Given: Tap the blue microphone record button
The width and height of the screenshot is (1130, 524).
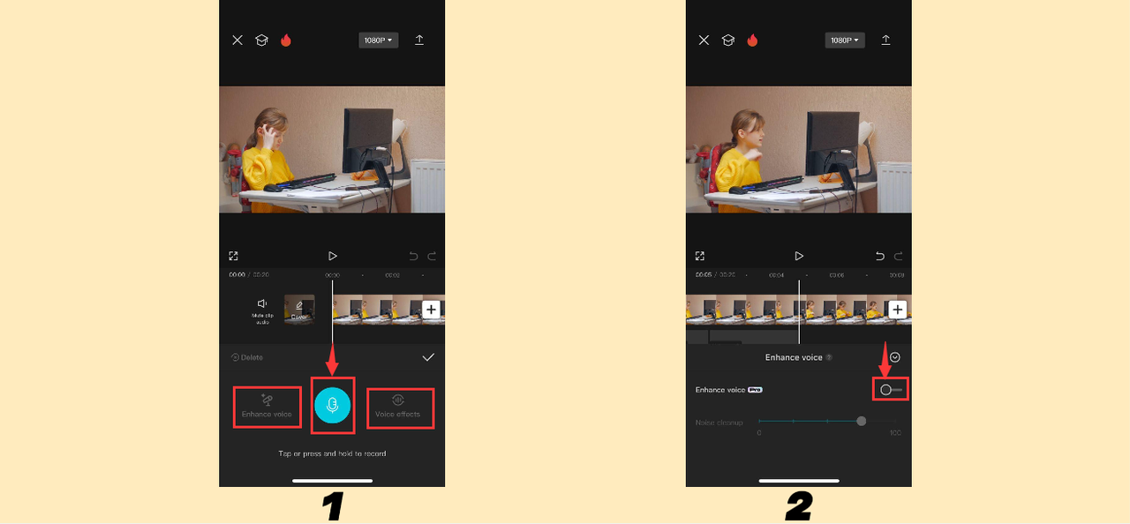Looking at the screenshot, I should [x=333, y=405].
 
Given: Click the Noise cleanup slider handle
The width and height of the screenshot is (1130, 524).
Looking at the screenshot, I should [x=862, y=422].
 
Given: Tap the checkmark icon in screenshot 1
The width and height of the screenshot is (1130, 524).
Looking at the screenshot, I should [x=428, y=357].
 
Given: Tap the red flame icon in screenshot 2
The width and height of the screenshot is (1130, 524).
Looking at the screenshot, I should [x=752, y=41].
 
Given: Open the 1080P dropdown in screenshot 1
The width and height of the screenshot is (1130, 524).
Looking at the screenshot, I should [x=378, y=41].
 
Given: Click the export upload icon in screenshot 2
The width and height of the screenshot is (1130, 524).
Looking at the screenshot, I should [x=885, y=41].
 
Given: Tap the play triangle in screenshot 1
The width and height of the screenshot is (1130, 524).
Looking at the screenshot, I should [x=333, y=256].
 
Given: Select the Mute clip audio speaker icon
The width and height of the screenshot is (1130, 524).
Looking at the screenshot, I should [x=262, y=304].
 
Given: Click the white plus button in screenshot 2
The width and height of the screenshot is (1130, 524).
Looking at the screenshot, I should [x=897, y=310].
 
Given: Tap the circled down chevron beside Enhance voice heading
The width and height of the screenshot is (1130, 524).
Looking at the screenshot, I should [x=895, y=357].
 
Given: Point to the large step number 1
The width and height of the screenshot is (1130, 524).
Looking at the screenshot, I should [x=332, y=506].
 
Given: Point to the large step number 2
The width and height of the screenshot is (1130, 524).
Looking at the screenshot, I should [x=798, y=506].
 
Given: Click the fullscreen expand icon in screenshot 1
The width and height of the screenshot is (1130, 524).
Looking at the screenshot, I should [x=233, y=256].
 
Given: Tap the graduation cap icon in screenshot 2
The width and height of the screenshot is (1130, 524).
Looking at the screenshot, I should [x=727, y=41].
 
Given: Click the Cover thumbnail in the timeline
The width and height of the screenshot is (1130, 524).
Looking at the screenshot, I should [x=299, y=310].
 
